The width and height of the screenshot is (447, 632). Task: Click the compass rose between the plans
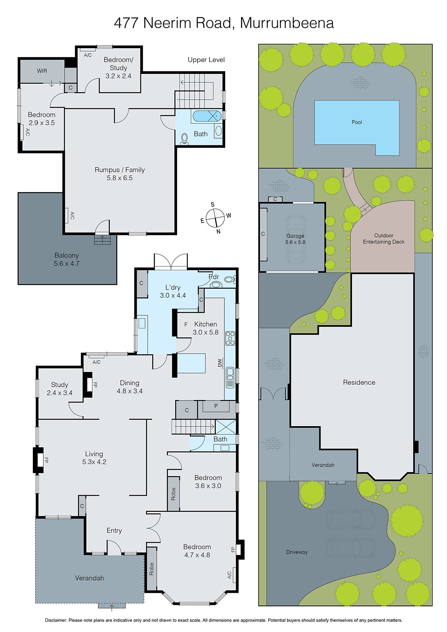coord(215,218)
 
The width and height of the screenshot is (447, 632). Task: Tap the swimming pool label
coord(356,122)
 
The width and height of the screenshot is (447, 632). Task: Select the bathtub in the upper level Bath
coord(206,116)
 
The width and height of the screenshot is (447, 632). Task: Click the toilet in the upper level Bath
coord(184,138)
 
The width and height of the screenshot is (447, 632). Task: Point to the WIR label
coord(42,71)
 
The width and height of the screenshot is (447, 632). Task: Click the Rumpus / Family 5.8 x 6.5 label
coord(120,174)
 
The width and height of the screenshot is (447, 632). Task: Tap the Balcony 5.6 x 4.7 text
coord(66,260)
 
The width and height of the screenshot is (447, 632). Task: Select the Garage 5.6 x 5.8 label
coord(295,239)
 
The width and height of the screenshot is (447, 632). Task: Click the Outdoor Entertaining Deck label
coord(383,239)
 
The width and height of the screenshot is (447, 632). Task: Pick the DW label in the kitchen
coord(220,363)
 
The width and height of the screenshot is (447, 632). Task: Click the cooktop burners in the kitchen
coord(230,339)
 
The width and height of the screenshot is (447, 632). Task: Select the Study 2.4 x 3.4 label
coord(60,389)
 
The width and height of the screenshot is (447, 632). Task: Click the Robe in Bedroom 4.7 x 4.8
coord(151,569)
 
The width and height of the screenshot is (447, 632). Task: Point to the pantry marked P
coord(216,406)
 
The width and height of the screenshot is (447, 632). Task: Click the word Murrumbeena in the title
coord(287,23)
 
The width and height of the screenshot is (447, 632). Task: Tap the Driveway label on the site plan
coord(297,552)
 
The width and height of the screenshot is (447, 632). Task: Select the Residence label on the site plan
coord(359,382)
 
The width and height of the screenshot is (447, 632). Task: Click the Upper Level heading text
coord(206,60)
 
